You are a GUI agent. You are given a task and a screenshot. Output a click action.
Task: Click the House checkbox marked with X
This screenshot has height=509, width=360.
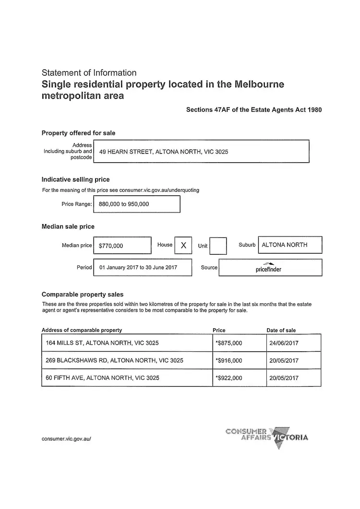point(183,245)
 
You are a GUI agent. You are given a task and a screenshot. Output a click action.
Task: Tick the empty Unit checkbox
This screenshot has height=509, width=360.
point(218,246)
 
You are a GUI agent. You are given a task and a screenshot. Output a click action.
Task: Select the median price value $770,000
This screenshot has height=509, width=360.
point(111,246)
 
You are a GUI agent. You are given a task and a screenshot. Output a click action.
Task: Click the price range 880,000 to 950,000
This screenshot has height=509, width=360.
point(124,204)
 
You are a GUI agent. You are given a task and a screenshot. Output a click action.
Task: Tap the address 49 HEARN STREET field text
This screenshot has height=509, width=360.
point(163,152)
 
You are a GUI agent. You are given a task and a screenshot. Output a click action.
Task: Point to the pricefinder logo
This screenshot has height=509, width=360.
point(269,268)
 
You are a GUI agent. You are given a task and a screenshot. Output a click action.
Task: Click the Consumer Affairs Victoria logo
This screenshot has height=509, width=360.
point(267,435)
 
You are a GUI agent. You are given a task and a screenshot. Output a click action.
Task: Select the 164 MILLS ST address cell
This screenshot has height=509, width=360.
point(102,343)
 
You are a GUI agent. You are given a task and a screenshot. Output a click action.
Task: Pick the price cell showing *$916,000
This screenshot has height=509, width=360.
point(229,360)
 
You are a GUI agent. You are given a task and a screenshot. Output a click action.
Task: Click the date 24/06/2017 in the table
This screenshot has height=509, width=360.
point(284,343)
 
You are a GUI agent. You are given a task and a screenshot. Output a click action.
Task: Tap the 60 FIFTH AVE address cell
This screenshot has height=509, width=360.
point(103,378)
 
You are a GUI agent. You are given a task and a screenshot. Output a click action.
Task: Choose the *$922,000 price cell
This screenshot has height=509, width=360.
point(229,378)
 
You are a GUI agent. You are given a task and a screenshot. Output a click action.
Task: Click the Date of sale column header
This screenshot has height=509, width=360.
point(281,330)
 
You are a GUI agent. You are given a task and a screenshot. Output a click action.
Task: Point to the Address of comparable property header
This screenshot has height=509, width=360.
point(82,330)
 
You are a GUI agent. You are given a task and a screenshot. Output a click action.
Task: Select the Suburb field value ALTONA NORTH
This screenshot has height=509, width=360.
point(285,245)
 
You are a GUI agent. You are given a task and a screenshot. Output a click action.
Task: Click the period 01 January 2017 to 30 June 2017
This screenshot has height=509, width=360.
point(138,267)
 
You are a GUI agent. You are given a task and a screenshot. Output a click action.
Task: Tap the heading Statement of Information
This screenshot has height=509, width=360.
point(89,73)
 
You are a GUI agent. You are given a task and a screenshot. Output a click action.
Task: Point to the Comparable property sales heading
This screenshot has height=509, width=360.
point(83,295)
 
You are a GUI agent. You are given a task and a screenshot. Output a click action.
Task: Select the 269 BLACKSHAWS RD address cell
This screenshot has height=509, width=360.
point(114,360)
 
